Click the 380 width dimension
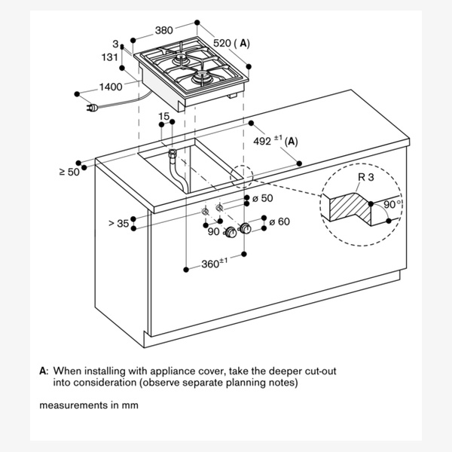pyautogui.click(x=163, y=31)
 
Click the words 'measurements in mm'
pyautogui.click(x=89, y=405)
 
